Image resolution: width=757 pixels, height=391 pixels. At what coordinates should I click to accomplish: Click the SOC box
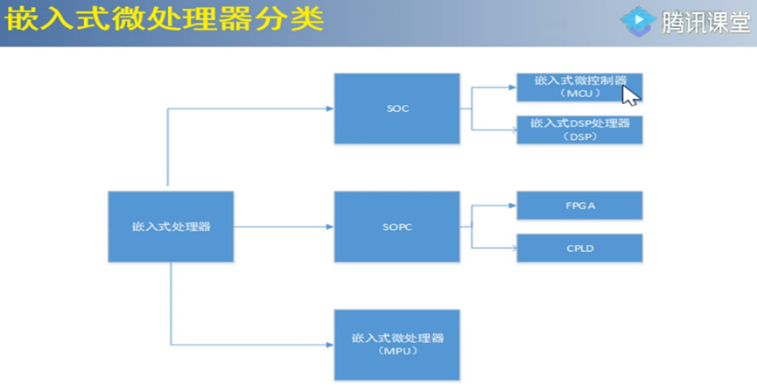click(397, 109)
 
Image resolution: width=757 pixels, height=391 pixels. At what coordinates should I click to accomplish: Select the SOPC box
click(397, 227)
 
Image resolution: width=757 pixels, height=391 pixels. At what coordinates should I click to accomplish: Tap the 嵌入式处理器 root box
click(172, 227)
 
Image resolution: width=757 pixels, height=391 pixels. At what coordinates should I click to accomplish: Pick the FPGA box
click(580, 205)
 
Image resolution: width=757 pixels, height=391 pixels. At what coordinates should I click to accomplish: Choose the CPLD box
click(580, 248)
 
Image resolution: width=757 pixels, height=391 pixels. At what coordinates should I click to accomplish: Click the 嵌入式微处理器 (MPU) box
click(397, 344)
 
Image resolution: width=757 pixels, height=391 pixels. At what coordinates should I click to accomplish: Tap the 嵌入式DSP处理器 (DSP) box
click(580, 129)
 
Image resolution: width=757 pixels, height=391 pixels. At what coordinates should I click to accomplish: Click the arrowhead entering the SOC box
click(329, 108)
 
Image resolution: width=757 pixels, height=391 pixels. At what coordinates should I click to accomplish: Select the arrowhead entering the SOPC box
click(329, 227)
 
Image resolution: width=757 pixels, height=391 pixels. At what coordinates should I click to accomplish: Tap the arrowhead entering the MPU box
click(329, 344)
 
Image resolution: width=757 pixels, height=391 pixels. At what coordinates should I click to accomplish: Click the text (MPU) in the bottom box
click(397, 352)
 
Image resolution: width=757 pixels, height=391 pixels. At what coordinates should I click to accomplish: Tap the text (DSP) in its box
click(580, 136)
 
